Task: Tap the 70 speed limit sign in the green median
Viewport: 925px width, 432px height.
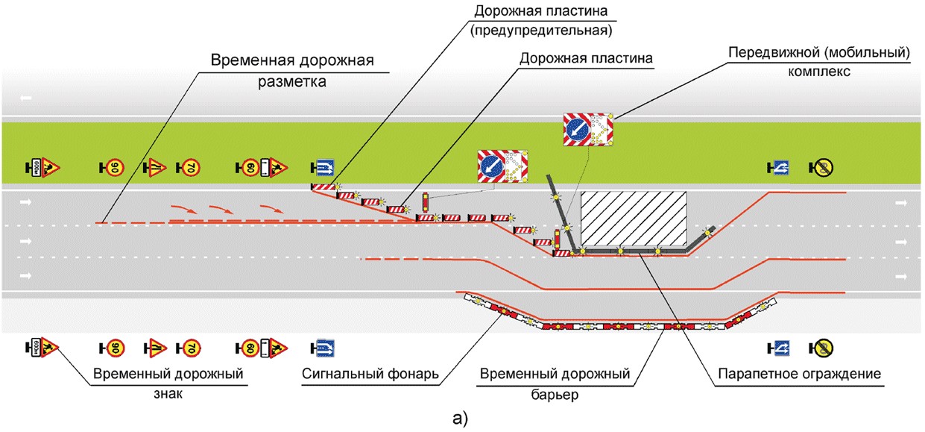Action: click(x=190, y=167)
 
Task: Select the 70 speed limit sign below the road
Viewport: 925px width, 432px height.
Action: click(x=190, y=347)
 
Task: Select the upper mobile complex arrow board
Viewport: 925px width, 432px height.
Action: click(x=588, y=130)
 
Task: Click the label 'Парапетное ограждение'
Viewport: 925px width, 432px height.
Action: click(x=800, y=373)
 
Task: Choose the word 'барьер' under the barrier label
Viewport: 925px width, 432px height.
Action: click(x=556, y=393)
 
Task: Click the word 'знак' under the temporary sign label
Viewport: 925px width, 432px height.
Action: click(x=167, y=393)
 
